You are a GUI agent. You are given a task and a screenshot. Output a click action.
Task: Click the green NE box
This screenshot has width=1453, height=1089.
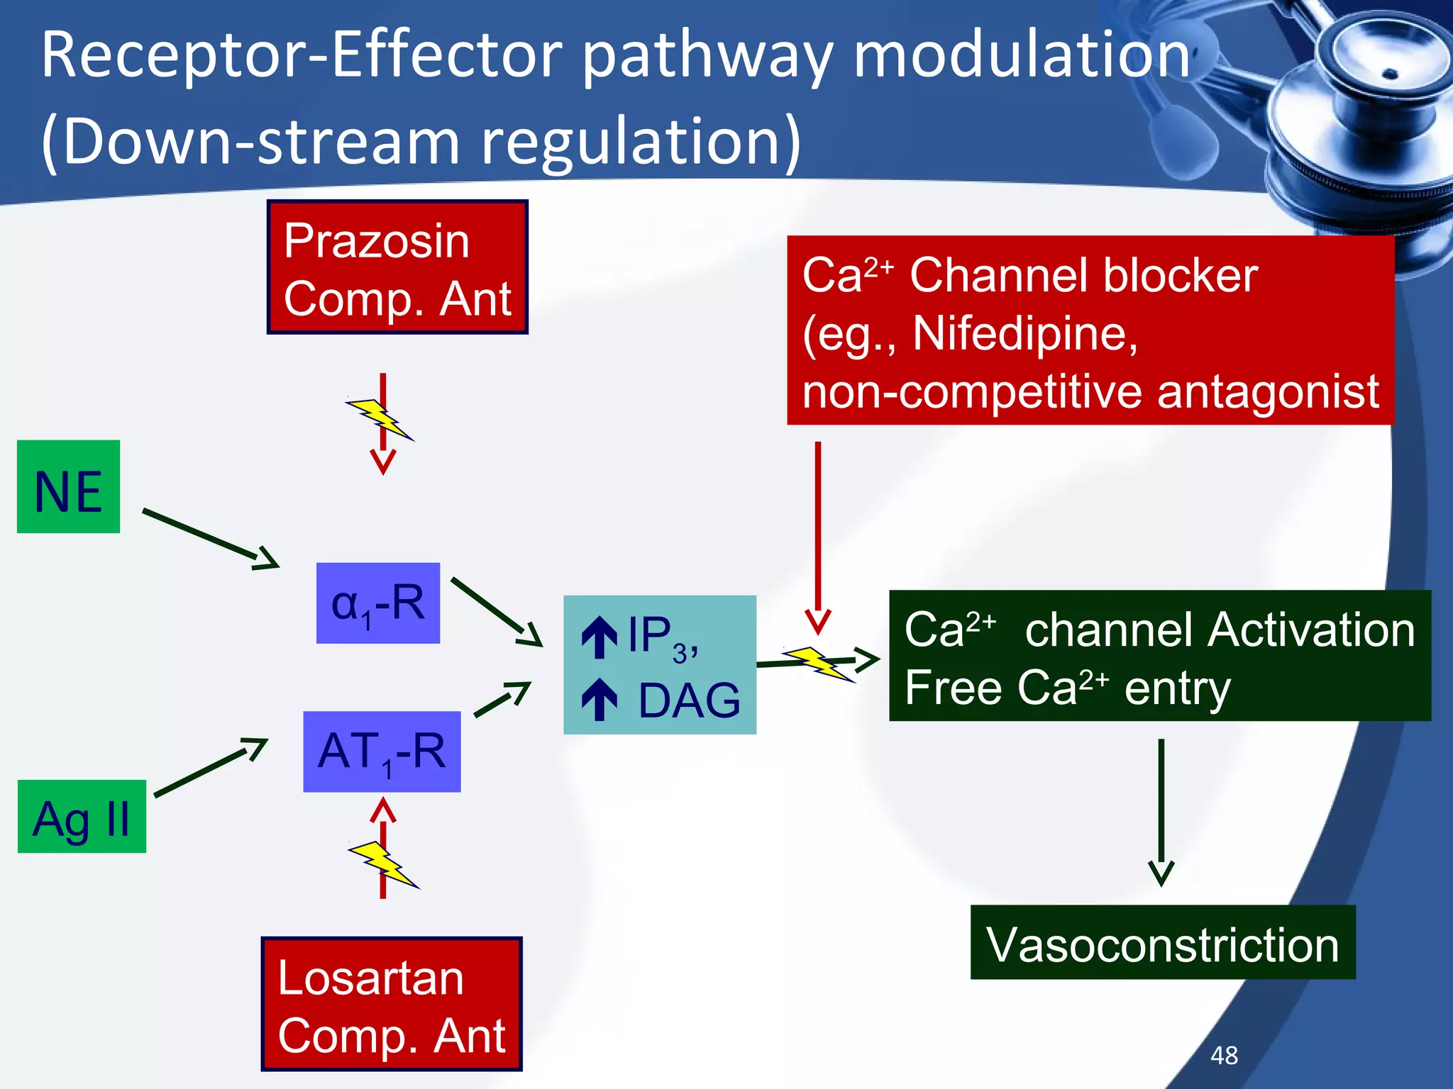(x=68, y=486)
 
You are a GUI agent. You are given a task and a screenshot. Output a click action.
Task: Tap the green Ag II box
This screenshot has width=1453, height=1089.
(x=82, y=816)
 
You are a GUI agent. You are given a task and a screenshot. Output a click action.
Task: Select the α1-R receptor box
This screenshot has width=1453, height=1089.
(x=377, y=603)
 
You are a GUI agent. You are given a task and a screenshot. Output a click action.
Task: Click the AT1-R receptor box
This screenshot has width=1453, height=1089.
(x=382, y=752)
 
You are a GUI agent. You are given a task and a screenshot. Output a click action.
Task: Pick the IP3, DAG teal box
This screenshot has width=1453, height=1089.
(x=659, y=664)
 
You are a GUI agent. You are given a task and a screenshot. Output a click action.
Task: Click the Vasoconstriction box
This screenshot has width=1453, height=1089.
(x=1162, y=942)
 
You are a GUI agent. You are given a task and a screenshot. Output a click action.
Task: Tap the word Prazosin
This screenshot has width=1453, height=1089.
(x=376, y=241)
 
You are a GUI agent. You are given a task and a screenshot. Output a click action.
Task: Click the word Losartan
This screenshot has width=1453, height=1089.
(x=370, y=978)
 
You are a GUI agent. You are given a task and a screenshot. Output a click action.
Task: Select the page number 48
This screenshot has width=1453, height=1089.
(x=1224, y=1055)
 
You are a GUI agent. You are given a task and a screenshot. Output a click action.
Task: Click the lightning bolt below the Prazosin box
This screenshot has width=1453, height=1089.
(x=380, y=420)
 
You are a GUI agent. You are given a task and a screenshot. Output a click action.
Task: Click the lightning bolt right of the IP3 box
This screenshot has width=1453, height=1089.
(x=819, y=664)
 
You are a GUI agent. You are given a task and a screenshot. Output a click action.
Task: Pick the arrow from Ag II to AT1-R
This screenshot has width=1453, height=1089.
(x=211, y=768)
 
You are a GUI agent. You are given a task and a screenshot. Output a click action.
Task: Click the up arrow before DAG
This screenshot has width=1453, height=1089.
(x=600, y=699)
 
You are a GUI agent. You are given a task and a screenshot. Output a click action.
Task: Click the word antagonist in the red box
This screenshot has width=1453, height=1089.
(x=1267, y=391)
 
